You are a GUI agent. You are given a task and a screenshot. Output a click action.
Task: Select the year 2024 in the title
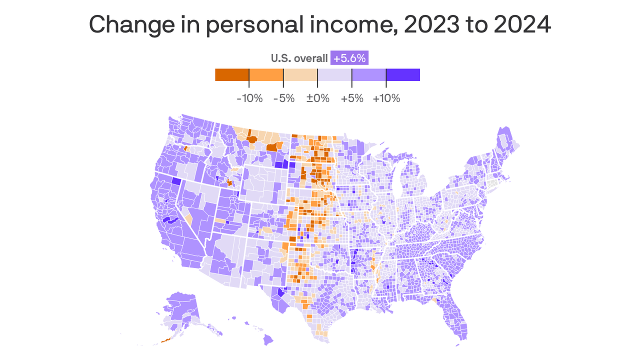[522, 24]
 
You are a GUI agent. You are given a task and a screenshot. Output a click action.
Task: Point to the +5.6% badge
[350, 58]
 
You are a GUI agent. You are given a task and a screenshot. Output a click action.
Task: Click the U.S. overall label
[299, 58]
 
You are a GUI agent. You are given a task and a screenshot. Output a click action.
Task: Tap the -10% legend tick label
[249, 98]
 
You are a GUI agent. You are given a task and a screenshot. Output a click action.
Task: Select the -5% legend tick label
[283, 98]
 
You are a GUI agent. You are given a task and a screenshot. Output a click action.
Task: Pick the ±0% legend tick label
[317, 98]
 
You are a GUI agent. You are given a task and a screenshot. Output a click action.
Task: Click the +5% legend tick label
[351, 98]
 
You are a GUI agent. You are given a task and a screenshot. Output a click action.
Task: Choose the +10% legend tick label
[386, 98]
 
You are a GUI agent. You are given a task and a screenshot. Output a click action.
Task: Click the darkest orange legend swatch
[232, 74]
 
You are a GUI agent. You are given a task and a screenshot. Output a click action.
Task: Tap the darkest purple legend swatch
[403, 74]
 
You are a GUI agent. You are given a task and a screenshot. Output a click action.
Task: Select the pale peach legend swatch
[300, 74]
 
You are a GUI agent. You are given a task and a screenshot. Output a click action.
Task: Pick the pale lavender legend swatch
[334, 74]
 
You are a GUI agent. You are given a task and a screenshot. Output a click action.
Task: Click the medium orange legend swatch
[266, 74]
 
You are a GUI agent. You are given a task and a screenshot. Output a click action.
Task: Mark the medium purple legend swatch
[369, 74]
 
